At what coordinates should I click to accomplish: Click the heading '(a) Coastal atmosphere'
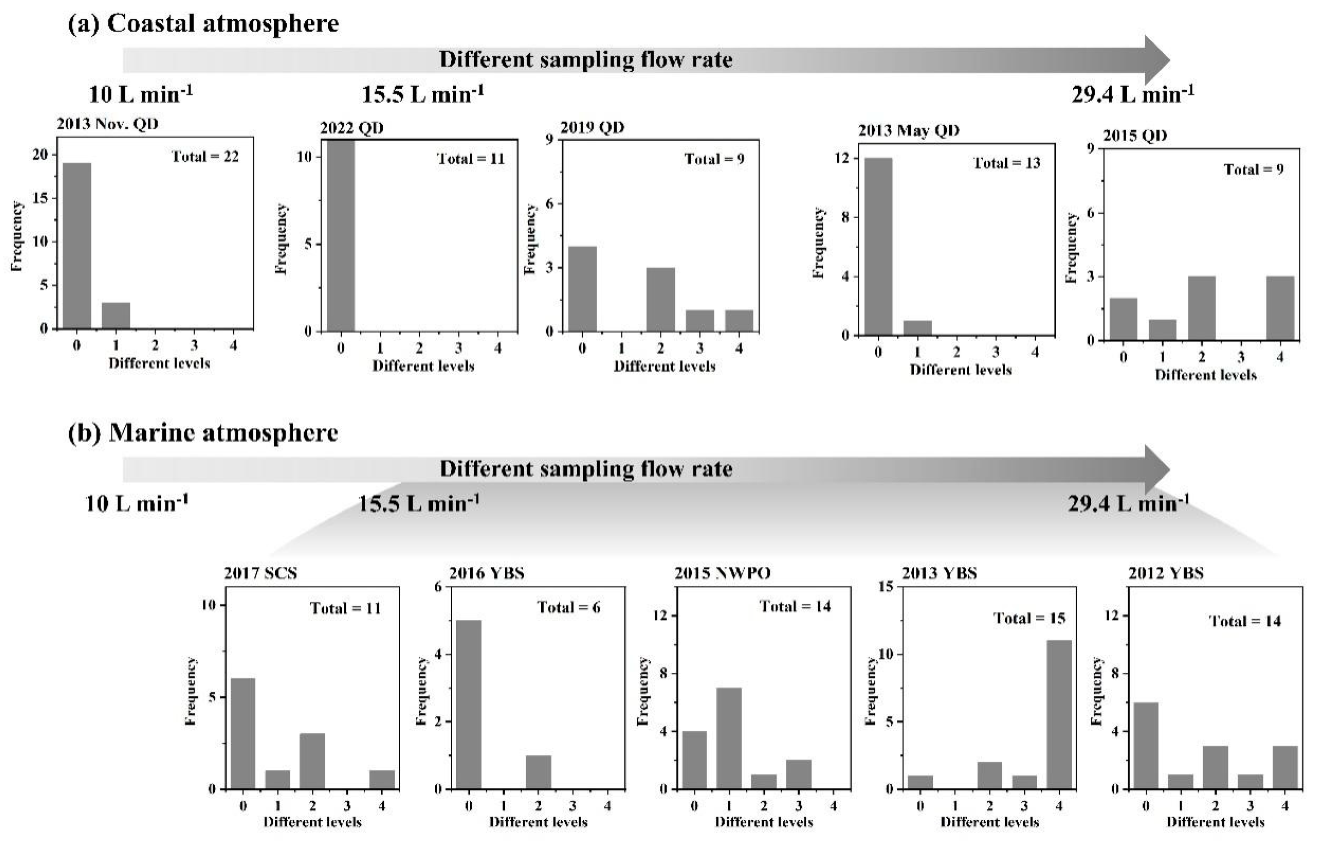pos(203,24)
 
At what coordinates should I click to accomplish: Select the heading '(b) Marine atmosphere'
pos(203,433)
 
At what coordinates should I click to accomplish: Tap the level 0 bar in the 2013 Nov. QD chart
pos(77,245)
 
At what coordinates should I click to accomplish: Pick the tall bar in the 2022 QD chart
pos(340,236)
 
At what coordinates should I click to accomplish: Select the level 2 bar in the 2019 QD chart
pos(660,299)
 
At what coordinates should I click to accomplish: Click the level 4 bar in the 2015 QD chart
pos(1280,308)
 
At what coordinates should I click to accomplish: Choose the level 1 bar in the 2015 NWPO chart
pos(729,738)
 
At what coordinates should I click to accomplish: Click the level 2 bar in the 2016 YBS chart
pos(538,772)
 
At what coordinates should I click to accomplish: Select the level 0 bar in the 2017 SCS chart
pos(243,733)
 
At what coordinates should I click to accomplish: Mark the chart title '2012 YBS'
pos(1166,573)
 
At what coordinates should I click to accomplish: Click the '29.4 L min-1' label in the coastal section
pos(1133,94)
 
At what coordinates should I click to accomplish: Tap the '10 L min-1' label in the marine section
pos(137,504)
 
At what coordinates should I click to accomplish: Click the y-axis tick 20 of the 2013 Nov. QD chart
pos(40,155)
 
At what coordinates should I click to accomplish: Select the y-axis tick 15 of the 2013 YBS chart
pos(886,586)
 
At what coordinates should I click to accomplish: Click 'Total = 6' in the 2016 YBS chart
pos(568,607)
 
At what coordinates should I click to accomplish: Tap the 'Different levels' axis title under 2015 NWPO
pos(763,821)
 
